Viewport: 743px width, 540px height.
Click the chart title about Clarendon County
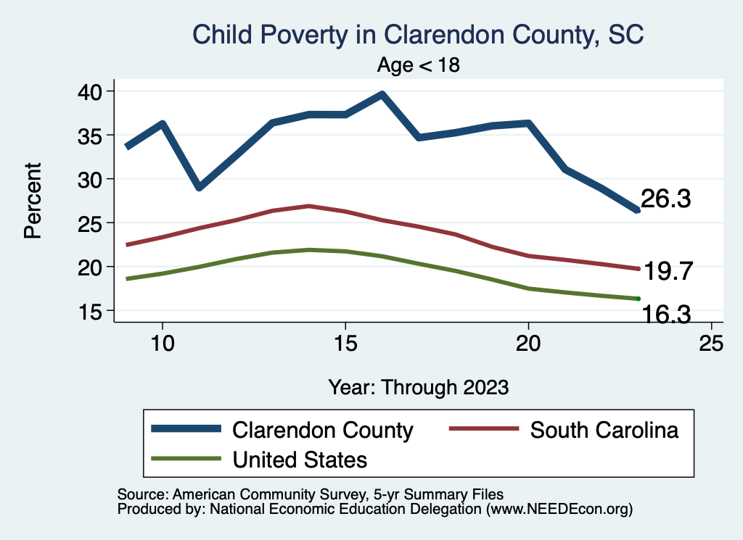(417, 34)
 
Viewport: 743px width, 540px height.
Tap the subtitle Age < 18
(419, 65)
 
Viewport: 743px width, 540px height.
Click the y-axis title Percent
(32, 201)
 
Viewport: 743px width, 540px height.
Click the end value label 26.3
(665, 199)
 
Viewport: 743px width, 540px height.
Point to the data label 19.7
(670, 272)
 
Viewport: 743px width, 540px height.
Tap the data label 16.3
(665, 314)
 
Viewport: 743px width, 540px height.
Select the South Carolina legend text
(604, 430)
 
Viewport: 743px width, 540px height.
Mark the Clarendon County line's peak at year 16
(382, 94)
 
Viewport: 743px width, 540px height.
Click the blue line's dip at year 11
(199, 187)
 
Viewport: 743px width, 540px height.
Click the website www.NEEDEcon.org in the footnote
(557, 510)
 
